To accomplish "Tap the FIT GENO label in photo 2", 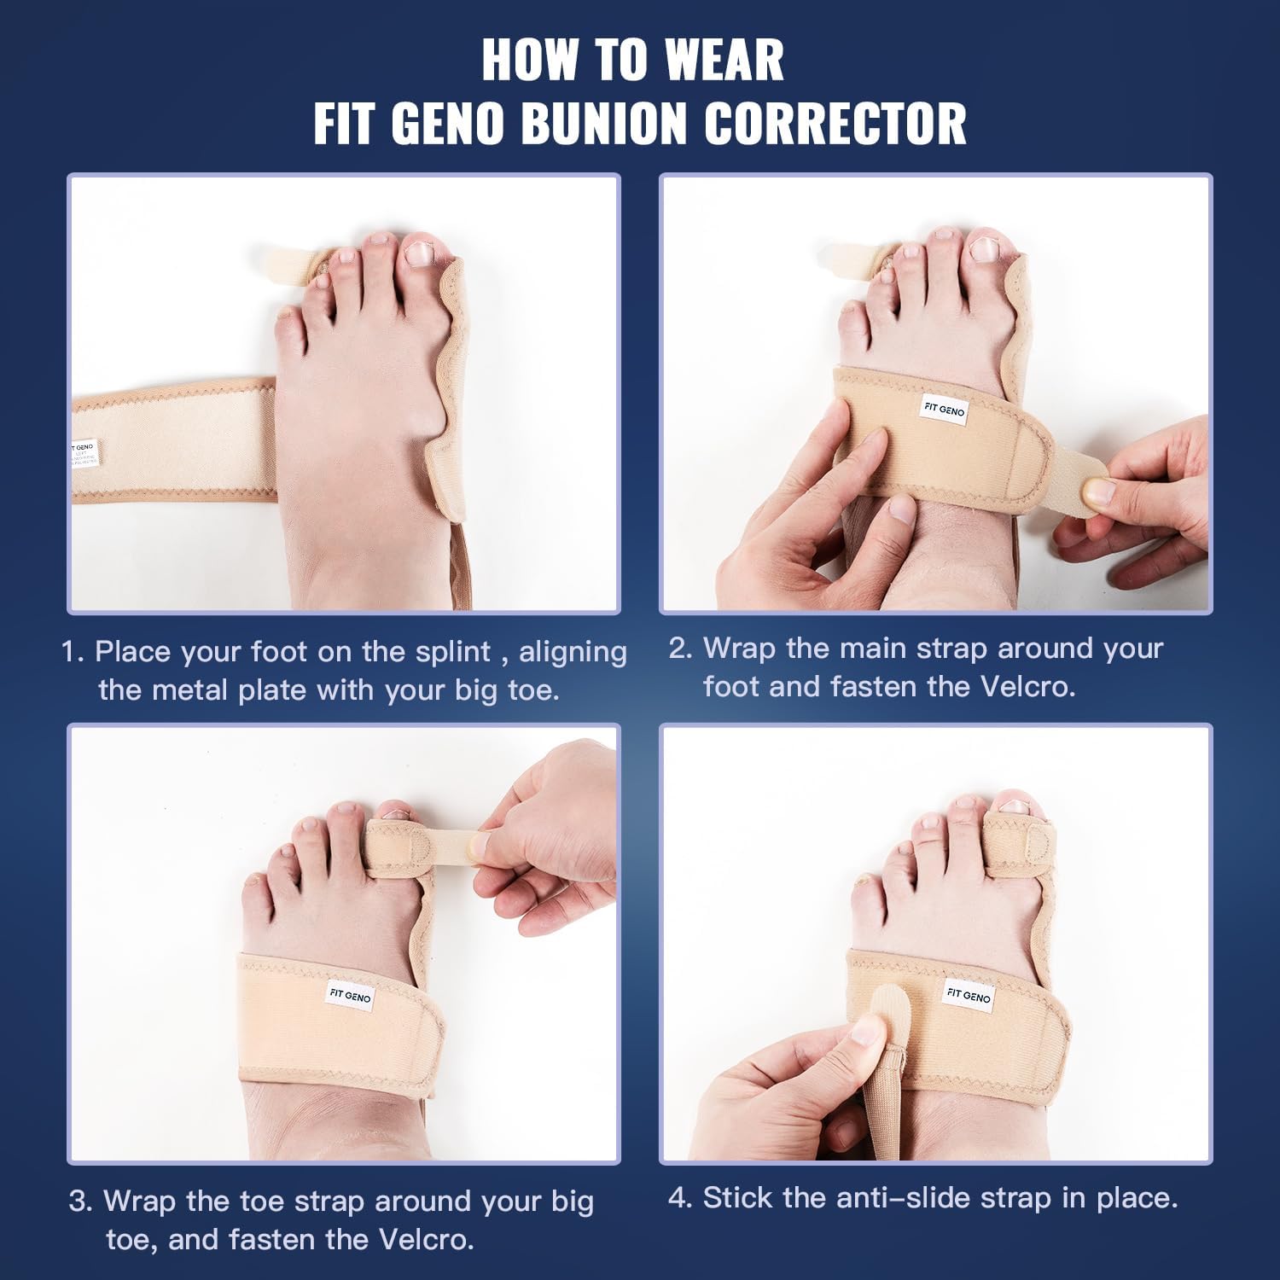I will [x=944, y=410].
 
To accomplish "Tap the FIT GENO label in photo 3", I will [x=350, y=996].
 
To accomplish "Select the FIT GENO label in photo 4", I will [x=969, y=995].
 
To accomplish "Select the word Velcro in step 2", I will [x=1026, y=687].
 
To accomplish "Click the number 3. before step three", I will [x=80, y=1201].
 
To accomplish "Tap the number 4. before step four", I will [x=680, y=1198].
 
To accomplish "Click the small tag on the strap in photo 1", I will [x=84, y=454].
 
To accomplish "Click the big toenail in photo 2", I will [x=985, y=249].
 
